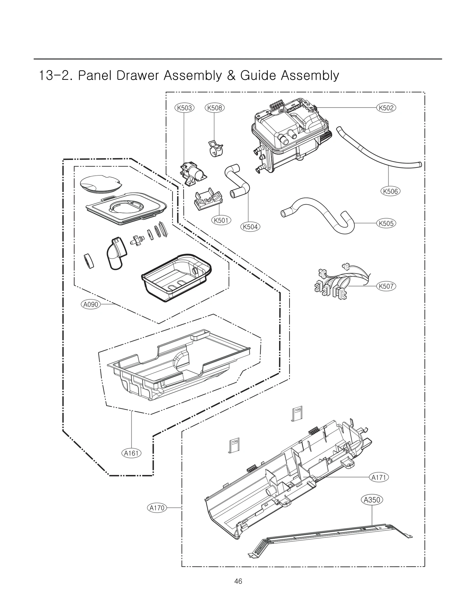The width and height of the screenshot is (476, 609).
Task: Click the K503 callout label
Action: tap(184, 108)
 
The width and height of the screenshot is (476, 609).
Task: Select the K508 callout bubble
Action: tap(214, 108)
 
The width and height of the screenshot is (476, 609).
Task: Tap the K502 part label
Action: tap(386, 108)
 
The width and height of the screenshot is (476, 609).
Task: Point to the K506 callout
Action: tap(390, 191)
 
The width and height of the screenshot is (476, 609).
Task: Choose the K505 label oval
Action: tap(386, 223)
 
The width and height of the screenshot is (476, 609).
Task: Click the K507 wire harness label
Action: tap(386, 286)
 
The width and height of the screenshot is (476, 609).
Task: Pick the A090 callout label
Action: tap(90, 304)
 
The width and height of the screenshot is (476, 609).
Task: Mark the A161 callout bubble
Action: tap(131, 453)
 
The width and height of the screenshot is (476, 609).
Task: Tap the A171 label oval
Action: tap(379, 477)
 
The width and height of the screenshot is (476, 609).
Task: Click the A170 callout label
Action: tap(157, 508)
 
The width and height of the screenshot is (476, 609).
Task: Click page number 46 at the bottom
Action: tap(238, 589)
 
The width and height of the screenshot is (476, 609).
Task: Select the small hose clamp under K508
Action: tap(216, 149)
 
